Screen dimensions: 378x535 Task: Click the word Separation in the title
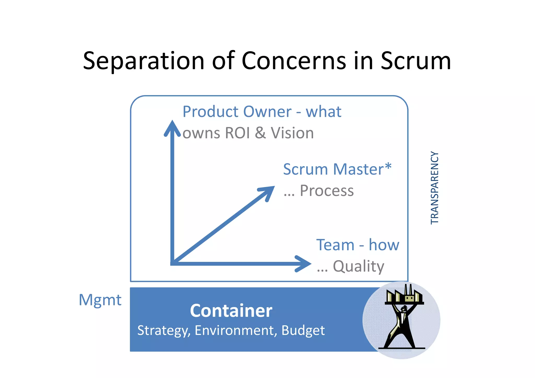[144, 61]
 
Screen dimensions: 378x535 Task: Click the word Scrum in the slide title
[416, 61]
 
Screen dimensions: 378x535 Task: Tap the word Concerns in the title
[294, 61]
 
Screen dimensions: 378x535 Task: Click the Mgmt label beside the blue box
[100, 300]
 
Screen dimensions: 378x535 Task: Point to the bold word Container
[231, 311]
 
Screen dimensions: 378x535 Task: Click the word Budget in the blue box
[303, 331]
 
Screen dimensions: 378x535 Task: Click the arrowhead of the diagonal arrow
[268, 192]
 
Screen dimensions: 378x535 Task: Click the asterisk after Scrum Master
[388, 166]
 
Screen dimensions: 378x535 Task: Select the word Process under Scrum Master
[327, 191]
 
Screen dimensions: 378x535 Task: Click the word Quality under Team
[358, 266]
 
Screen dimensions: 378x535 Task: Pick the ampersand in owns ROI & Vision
[260, 133]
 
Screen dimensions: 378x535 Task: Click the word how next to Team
[384, 245]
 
